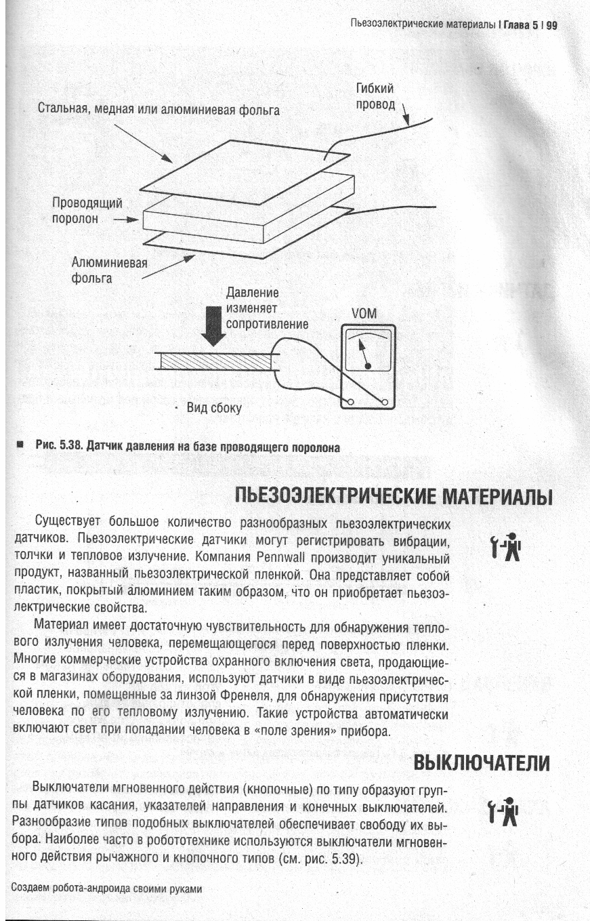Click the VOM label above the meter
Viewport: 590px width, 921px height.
pos(364,314)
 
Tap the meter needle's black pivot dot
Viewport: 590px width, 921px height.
pos(368,366)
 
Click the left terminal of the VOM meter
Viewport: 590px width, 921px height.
pos(351,403)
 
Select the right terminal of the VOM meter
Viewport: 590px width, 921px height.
pos(385,403)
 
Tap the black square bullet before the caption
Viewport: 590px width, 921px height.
pos(21,445)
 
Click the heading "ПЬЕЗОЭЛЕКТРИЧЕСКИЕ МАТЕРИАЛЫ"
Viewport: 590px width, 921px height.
pos(394,497)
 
